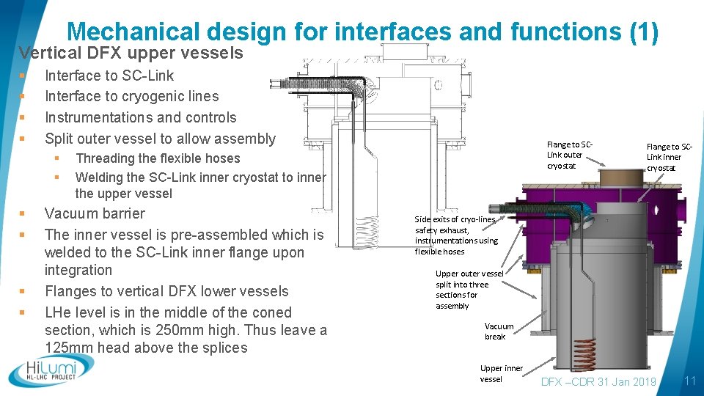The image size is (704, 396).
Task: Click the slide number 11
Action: pyautogui.click(x=689, y=381)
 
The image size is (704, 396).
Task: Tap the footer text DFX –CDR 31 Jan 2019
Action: pyautogui.click(x=598, y=381)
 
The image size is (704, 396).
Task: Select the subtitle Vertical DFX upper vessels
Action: pyautogui.click(x=131, y=53)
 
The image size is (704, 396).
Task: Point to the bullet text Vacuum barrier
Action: pyautogui.click(x=95, y=213)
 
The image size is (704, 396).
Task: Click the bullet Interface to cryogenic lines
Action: pyautogui.click(x=131, y=96)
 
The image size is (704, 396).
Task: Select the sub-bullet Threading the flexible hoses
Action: pyautogui.click(x=158, y=158)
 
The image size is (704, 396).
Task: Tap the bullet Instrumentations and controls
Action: pyautogui.click(x=141, y=117)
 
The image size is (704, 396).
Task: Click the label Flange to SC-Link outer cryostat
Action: pyautogui.click(x=569, y=155)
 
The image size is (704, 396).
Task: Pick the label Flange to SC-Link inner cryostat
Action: pyautogui.click(x=664, y=158)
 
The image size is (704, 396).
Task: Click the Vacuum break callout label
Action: pyautogui.click(x=499, y=331)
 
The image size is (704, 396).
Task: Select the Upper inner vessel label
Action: pyautogui.click(x=501, y=373)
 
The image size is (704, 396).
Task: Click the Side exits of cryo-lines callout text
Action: pyautogui.click(x=456, y=235)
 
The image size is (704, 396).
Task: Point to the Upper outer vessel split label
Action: pyautogui.click(x=469, y=290)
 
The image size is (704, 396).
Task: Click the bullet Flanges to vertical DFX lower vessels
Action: pyautogui.click(x=166, y=291)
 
